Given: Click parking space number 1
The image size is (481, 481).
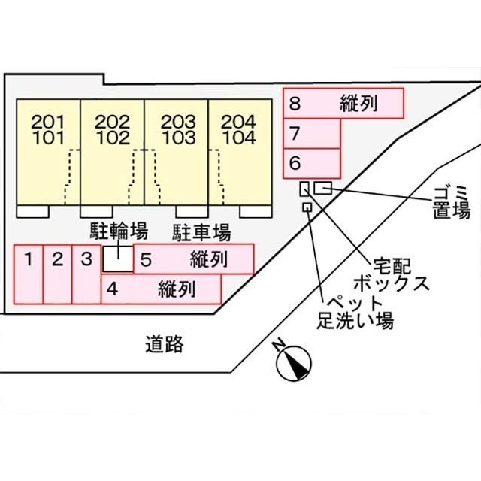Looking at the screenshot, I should [x=29, y=274].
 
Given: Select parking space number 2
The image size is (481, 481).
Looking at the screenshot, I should [x=57, y=274].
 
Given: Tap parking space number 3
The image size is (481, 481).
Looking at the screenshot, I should [x=86, y=274].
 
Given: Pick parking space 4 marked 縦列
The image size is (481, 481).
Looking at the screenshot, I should [x=161, y=289].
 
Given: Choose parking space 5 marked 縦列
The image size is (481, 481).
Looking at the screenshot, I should [x=194, y=259].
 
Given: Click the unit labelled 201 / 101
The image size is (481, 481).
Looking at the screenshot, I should [x=48, y=151].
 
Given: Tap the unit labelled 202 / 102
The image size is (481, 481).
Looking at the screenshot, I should [x=113, y=151].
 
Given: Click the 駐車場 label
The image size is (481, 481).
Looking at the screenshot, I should [x=201, y=230].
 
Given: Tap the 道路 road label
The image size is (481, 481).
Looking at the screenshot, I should [x=165, y=345].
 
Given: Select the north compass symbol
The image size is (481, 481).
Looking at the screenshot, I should [x=294, y=364].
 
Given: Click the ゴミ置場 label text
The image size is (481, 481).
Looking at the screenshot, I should [x=451, y=201].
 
